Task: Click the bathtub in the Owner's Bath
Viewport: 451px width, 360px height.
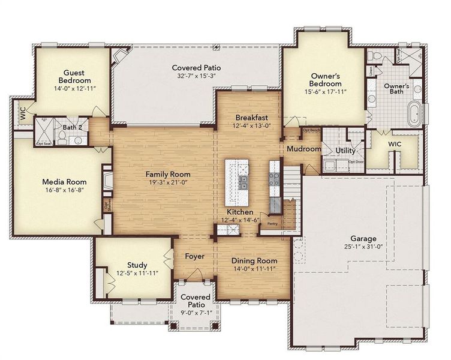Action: point(414,114)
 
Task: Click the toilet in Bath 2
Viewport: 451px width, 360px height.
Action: point(78,140)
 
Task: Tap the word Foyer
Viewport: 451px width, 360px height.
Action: point(194,257)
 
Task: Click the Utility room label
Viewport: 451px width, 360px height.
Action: point(346,150)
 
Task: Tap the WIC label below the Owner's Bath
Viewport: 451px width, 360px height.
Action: point(395,145)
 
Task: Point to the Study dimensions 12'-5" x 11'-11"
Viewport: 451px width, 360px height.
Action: point(137,274)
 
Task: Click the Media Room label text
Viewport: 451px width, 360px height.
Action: point(64,182)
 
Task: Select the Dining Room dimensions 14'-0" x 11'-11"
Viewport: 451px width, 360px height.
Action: point(254,269)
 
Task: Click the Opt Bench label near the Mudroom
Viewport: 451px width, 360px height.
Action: point(311,130)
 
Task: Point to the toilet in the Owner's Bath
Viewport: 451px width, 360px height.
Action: point(375,56)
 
